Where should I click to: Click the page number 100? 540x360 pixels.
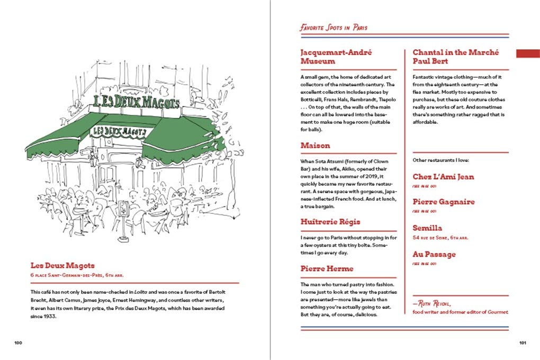click(18, 343)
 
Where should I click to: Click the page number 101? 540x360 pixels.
click(523, 343)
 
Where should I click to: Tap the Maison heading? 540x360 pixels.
click(315, 145)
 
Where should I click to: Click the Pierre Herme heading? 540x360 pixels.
click(327, 268)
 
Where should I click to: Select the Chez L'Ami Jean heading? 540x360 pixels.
click(443, 177)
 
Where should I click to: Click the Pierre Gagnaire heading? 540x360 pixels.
click(444, 202)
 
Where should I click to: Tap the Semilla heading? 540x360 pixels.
click(427, 228)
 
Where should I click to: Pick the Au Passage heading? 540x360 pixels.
click(434, 254)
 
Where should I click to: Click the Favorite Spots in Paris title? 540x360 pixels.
click(334, 27)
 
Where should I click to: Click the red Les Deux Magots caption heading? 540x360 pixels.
click(62, 265)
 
